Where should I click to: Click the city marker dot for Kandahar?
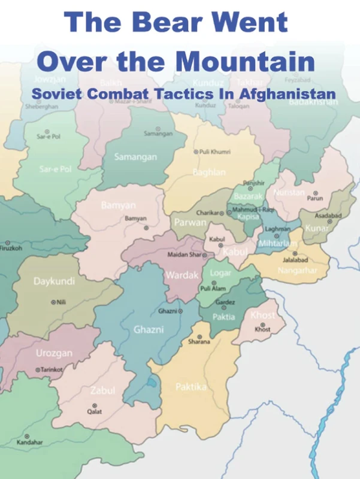26,436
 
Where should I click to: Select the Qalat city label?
94,412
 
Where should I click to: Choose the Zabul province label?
102,391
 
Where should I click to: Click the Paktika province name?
191,387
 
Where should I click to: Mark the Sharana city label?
199,342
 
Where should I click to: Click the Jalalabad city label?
295,260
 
